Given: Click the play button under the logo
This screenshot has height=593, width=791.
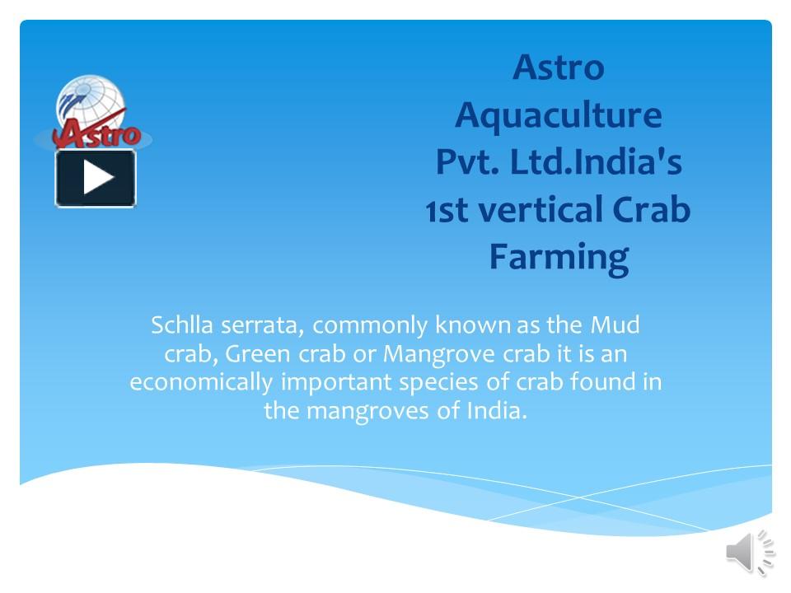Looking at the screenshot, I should pyautogui.click(x=96, y=178).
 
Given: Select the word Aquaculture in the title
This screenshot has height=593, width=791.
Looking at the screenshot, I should pyautogui.click(x=558, y=114).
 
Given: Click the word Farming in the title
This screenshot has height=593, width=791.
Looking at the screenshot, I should pyautogui.click(x=558, y=257).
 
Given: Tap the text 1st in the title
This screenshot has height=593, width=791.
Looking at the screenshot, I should pyautogui.click(x=447, y=210).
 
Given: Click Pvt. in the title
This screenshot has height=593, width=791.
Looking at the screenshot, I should pyautogui.click(x=466, y=162).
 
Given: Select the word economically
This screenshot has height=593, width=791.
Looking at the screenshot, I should pyautogui.click(x=202, y=383).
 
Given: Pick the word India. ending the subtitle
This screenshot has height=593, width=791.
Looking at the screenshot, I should pyautogui.click(x=496, y=411).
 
